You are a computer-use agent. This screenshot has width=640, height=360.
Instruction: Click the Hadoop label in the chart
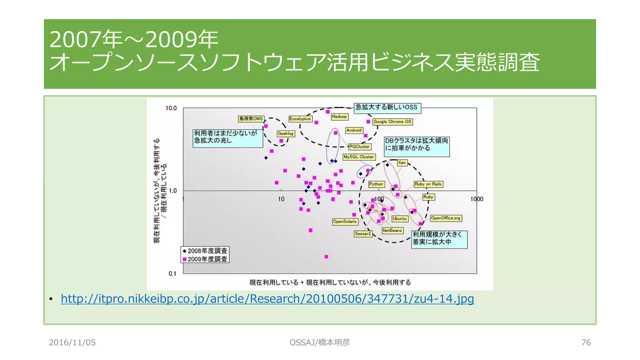tap(339, 117)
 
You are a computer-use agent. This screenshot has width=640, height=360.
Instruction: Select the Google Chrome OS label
tap(392, 122)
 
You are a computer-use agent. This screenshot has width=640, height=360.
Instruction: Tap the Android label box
tap(354, 130)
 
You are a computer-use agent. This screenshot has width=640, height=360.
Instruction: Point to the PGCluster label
tap(359, 147)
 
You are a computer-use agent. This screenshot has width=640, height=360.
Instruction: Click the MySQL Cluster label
tap(359, 157)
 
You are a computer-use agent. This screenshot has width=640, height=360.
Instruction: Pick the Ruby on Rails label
tap(428, 184)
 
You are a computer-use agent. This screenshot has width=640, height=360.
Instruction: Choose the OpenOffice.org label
tap(446, 218)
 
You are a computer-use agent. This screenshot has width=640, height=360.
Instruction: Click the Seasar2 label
tap(363, 233)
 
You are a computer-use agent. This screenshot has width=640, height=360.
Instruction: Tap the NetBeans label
tap(392, 230)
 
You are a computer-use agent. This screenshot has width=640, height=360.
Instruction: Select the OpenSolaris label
tap(345, 222)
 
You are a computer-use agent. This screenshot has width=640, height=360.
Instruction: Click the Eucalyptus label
tap(300, 119)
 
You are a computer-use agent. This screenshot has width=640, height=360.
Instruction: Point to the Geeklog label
tap(286, 133)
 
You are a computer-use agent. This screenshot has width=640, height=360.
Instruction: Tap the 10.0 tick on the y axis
tap(171, 108)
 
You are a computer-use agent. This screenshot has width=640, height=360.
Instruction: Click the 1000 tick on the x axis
tap(477, 199)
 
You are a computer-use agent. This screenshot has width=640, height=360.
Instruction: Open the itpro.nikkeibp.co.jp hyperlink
tap(267, 299)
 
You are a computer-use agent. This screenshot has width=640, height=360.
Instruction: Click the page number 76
tap(586, 342)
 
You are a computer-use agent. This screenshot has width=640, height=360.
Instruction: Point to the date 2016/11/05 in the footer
tap(72, 342)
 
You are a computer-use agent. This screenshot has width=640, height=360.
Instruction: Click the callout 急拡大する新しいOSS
tap(387, 107)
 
